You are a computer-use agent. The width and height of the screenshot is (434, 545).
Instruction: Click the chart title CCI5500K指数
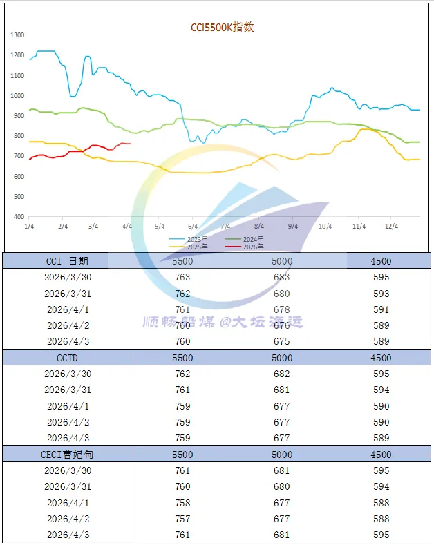(223, 28)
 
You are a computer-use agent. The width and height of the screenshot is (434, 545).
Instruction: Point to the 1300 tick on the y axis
(18, 35)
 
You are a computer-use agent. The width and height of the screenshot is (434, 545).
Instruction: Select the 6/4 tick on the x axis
(192, 227)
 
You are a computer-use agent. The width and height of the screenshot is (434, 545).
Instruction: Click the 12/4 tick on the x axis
(391, 227)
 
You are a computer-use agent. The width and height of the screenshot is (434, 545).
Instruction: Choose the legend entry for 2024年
(247, 239)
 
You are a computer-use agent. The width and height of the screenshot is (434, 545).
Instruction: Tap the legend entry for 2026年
(247, 247)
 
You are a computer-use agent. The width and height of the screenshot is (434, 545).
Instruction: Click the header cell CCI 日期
(67, 261)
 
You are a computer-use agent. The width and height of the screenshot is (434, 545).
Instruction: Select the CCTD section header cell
(67, 358)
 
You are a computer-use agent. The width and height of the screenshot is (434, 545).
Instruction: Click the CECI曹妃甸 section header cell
(67, 455)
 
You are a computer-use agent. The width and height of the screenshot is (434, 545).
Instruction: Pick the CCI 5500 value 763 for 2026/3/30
(183, 277)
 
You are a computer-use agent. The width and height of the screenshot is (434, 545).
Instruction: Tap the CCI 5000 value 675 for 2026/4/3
(283, 341)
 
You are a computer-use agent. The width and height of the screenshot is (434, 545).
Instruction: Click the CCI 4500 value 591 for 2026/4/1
(381, 309)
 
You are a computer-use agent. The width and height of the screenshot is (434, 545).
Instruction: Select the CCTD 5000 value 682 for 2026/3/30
(283, 374)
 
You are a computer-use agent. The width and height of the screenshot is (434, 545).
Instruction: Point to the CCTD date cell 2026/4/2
(67, 422)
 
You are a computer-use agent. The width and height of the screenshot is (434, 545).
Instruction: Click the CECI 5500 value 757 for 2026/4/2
(183, 519)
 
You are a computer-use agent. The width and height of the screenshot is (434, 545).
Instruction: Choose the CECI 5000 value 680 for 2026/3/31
(283, 486)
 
